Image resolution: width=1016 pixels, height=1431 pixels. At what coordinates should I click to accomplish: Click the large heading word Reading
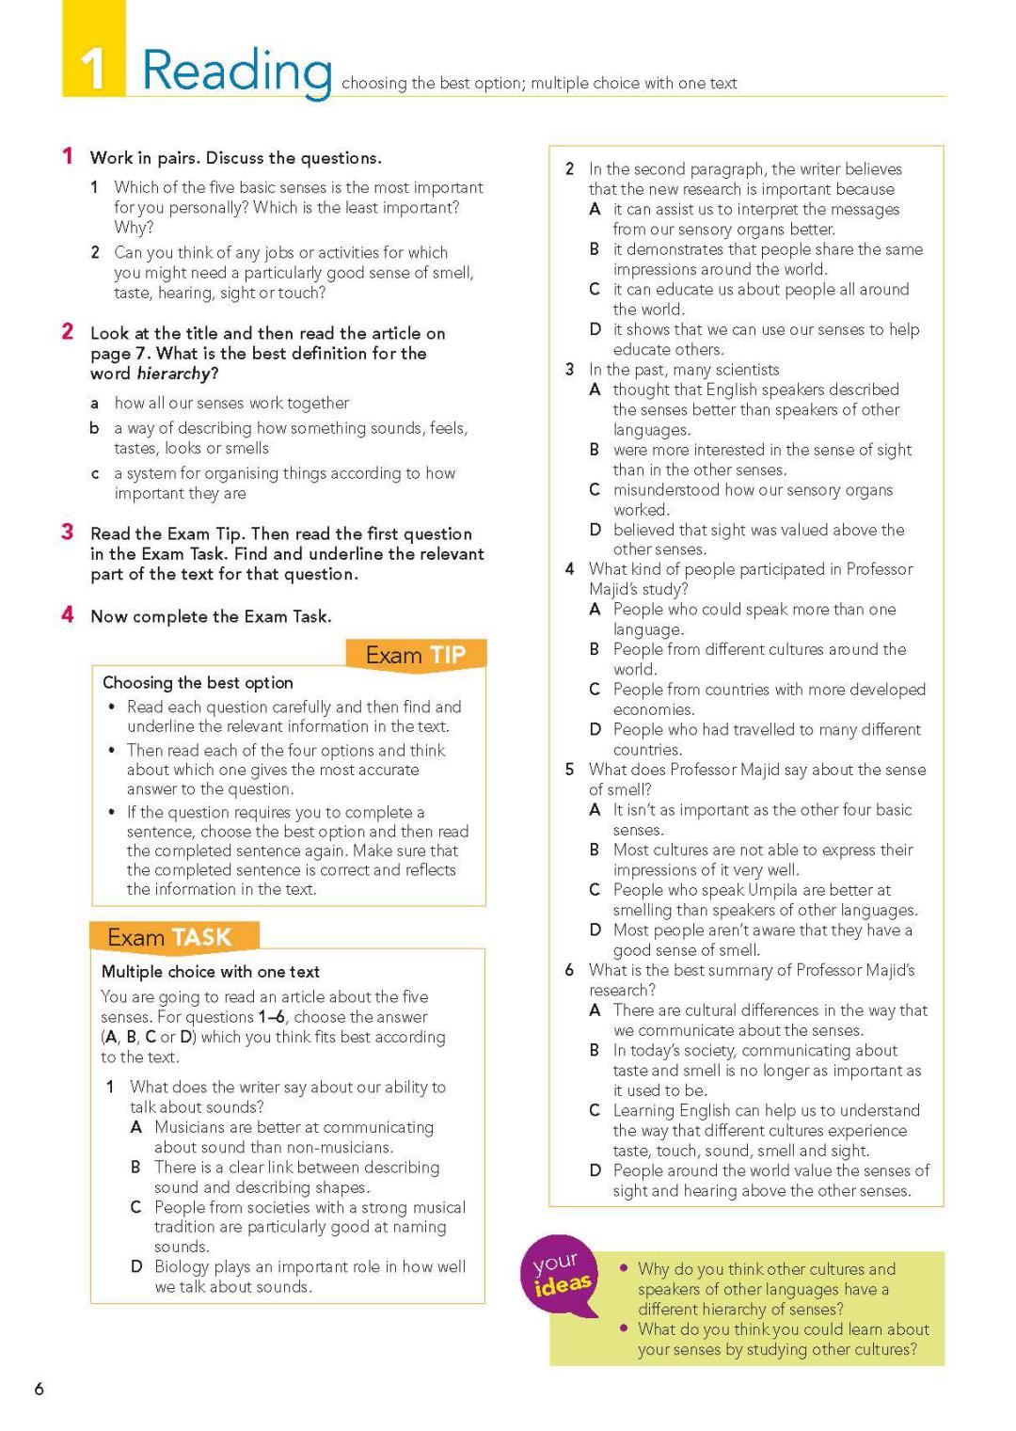pyautogui.click(x=237, y=72)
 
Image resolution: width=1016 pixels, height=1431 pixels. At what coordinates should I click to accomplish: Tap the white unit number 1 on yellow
pyautogui.click(x=93, y=70)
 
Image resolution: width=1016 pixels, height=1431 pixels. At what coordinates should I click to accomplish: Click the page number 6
pyautogui.click(x=39, y=1389)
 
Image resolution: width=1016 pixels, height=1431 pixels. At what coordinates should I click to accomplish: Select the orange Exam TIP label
pyautogui.click(x=415, y=655)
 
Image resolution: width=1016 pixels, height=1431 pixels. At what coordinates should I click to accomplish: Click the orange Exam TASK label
pyautogui.click(x=169, y=937)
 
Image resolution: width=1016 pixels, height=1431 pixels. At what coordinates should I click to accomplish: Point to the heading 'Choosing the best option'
pyautogui.click(x=198, y=682)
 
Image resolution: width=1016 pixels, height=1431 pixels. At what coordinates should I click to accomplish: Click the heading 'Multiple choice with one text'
pyautogui.click(x=210, y=972)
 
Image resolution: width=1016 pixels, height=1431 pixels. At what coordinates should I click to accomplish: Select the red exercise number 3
pyautogui.click(x=68, y=533)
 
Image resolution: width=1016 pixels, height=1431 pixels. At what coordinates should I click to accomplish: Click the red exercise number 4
pyautogui.click(x=68, y=615)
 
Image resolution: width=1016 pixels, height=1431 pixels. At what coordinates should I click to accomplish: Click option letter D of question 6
pyautogui.click(x=595, y=1170)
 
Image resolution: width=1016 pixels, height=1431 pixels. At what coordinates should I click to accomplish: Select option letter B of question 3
pyautogui.click(x=595, y=450)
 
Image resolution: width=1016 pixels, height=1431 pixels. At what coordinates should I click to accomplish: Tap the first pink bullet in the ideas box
pyautogui.click(x=623, y=1268)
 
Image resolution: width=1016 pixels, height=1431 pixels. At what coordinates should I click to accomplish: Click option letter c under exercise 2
pyautogui.click(x=95, y=473)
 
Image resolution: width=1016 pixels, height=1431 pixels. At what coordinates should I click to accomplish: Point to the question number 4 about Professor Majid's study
pyautogui.click(x=570, y=569)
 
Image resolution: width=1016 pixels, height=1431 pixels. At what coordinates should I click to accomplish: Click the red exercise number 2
pyautogui.click(x=68, y=331)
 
